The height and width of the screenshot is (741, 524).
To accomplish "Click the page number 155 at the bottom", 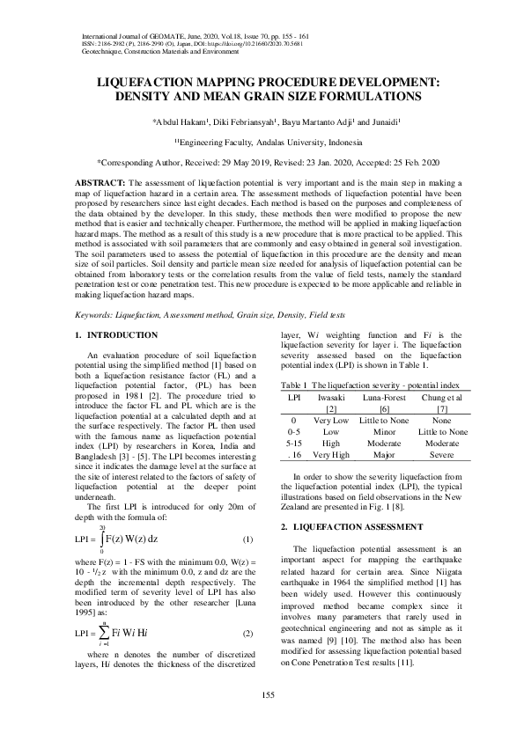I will tap(262, 696).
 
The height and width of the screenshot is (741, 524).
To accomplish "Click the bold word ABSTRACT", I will tap(95, 181).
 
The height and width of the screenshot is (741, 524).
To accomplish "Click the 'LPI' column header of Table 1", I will tap(294, 398).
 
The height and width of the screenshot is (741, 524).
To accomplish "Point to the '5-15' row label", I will tap(295, 444).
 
